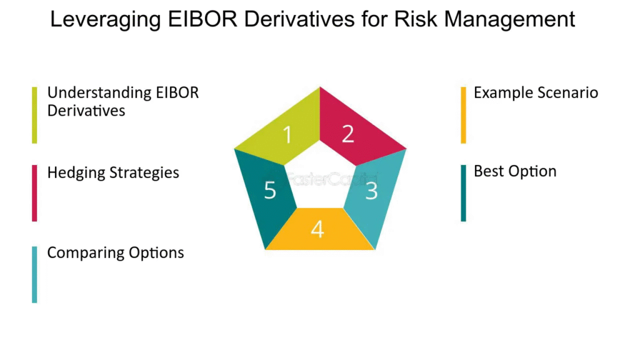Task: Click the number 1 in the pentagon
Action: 287,134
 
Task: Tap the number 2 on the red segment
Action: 347,134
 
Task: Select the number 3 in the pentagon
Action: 371,191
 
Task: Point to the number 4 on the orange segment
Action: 317,229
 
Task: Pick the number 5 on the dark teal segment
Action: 270,190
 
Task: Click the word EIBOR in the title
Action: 202,19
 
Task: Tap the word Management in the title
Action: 509,20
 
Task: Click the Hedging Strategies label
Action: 113,173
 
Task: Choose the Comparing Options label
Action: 116,253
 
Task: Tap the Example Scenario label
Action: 536,92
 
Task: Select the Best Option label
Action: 515,171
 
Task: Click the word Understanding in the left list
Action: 99,94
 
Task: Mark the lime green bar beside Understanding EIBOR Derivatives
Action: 35,115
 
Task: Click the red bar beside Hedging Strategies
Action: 35,193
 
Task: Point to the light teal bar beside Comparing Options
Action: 35,275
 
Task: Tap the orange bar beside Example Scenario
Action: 463,115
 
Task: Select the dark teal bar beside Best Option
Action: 463,193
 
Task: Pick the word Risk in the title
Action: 416,19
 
